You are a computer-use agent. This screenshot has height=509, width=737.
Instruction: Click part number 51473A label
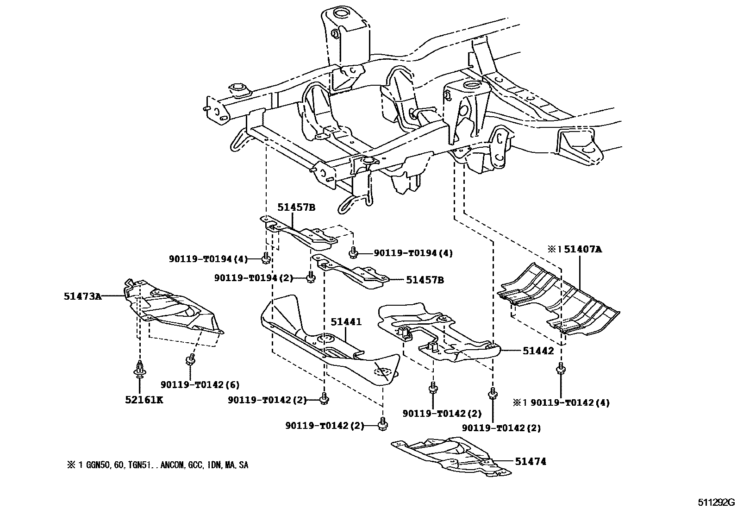[x=82, y=295]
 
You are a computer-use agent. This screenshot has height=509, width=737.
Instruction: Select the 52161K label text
[x=144, y=400]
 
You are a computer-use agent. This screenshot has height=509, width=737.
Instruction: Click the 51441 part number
[x=346, y=321]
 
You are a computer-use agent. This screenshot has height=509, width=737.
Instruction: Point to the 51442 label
[x=538, y=351]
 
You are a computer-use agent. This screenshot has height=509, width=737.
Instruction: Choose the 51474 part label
[x=531, y=461]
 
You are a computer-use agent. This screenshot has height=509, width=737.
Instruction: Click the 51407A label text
[x=583, y=249]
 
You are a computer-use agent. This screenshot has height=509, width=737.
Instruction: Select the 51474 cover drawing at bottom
[x=451, y=456]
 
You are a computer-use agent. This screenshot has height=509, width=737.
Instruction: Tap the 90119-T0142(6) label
[x=200, y=384]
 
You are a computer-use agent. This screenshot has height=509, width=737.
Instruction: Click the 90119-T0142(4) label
[x=569, y=402]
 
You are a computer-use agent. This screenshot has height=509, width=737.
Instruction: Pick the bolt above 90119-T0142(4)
[x=561, y=368]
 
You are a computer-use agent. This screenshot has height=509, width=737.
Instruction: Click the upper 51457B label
[x=296, y=207]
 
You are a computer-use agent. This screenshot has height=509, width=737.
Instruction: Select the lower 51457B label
[x=425, y=280]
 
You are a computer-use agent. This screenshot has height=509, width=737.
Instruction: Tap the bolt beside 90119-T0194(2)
[x=310, y=277]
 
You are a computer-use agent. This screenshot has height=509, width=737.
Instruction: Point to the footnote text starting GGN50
[x=157, y=465]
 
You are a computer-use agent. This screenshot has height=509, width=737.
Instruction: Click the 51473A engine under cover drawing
[x=174, y=308]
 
